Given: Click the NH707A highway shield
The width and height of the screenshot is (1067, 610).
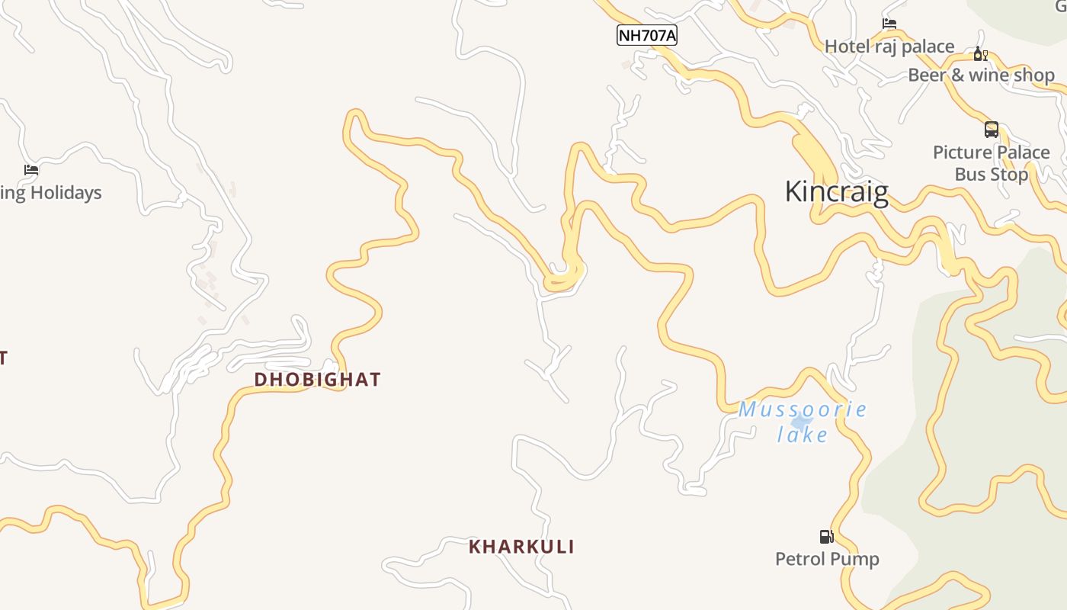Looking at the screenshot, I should [646, 35].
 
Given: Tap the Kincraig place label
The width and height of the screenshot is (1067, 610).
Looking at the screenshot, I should [836, 191].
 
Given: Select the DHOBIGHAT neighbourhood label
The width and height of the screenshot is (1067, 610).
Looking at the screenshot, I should [317, 380].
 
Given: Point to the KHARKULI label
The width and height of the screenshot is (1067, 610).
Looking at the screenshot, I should [521, 547].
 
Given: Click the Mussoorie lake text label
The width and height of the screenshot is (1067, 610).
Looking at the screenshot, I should [803, 421].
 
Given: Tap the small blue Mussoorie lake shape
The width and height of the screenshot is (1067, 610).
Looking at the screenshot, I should [800, 422].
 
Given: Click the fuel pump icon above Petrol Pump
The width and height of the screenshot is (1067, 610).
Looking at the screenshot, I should [826, 537].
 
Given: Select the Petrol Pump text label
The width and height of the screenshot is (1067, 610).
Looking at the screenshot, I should [827, 559].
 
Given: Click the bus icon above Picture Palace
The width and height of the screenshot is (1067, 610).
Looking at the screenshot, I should [991, 130].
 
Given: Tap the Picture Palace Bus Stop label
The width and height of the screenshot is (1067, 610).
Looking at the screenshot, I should [991, 163].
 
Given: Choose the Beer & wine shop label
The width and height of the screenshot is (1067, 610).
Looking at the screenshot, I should [981, 75].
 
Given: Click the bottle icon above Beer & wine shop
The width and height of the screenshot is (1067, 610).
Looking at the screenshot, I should [980, 54].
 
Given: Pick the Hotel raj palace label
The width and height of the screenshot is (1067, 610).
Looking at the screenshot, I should [889, 47].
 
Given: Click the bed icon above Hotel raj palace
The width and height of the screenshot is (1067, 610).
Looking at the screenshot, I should [889, 24].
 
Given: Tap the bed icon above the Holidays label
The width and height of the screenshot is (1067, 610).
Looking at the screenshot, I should [31, 170].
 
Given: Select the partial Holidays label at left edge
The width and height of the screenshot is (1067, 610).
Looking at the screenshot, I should [50, 193].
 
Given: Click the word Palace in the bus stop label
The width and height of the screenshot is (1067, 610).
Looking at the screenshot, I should [1017, 152].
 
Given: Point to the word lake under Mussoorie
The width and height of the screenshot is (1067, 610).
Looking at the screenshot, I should [803, 435].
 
